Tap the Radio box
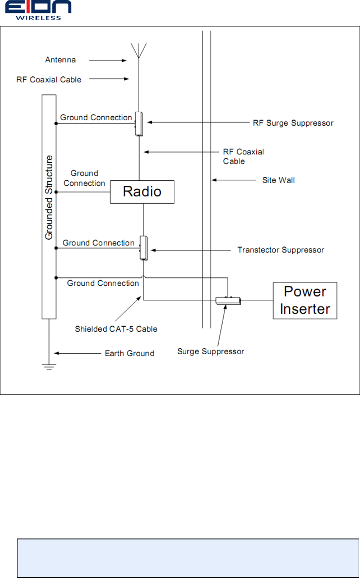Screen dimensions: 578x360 [142, 192]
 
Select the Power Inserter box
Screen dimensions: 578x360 [305, 300]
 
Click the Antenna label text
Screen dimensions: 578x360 [61, 59]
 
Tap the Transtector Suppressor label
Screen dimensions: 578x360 [281, 250]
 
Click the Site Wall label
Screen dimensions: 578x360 [278, 180]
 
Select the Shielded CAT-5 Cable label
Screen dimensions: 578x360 [116, 329]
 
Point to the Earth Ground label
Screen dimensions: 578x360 [129, 353]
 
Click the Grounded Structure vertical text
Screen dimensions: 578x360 [49, 197]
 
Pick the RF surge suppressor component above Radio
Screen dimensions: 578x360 [139, 123]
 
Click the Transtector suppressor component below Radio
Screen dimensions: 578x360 [143, 248]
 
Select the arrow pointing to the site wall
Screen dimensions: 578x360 [233, 180]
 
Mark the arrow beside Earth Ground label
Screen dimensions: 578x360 [76, 353]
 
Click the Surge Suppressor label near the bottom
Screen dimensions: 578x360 [211, 351]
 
